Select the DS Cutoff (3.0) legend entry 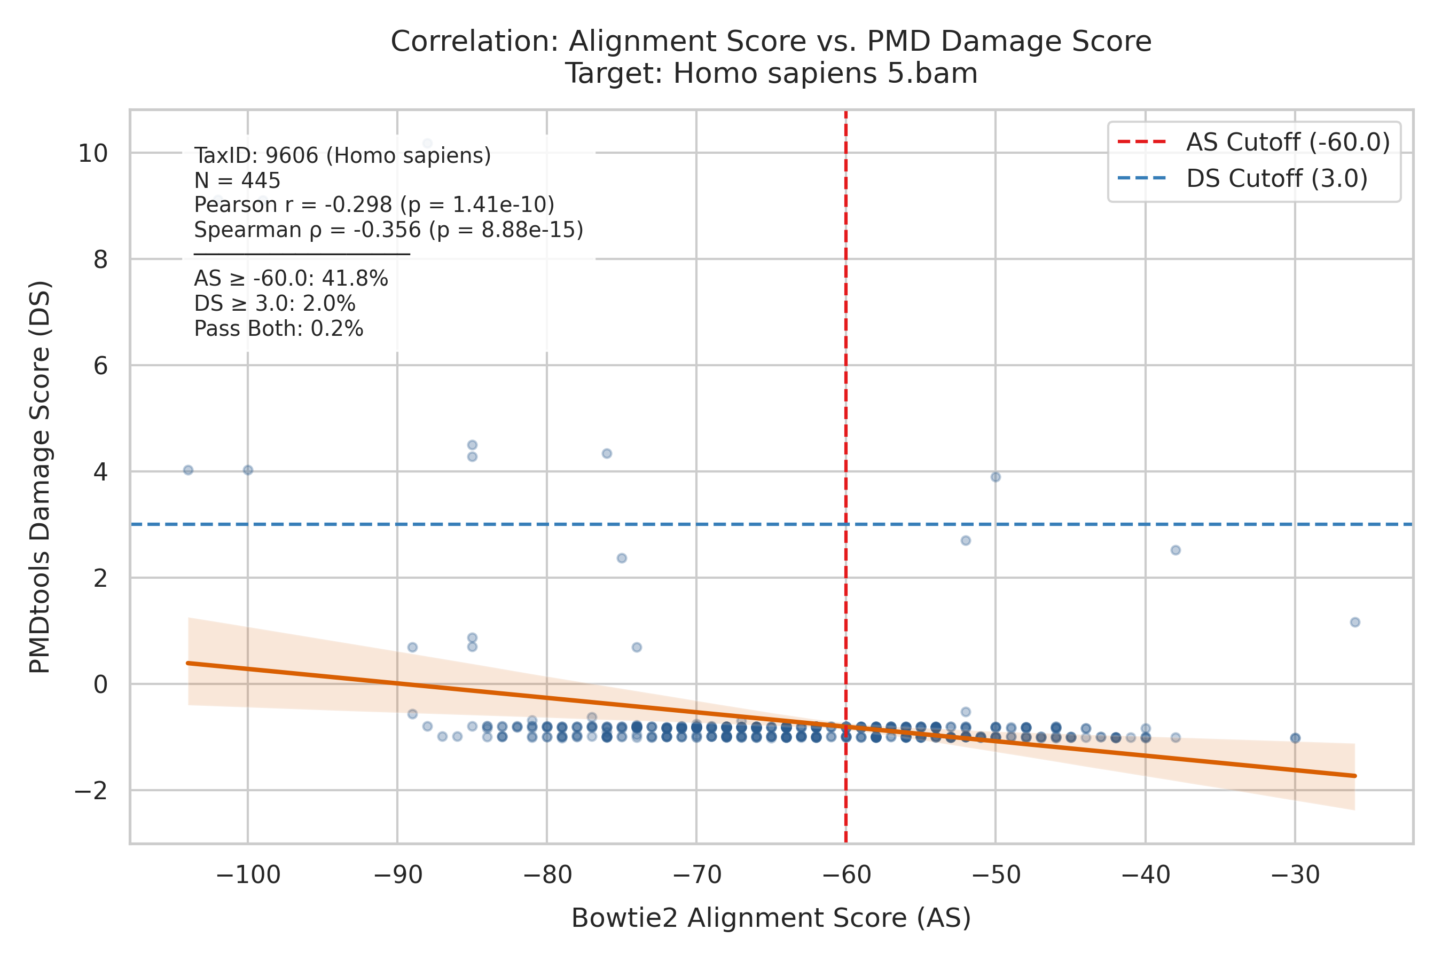pos(1242,178)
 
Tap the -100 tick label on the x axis pos(248,875)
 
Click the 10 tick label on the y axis pos(92,153)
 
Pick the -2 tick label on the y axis pos(91,791)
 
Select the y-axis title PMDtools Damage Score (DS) pos(41,477)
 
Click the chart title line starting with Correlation pos(771,41)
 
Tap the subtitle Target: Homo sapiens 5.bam pos(771,74)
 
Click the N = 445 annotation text pos(237,180)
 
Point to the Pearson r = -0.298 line pos(374,204)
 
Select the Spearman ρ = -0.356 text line pos(389,230)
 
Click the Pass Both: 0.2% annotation pos(279,329)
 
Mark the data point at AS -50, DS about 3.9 pos(996,477)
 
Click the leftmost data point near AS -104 pos(188,470)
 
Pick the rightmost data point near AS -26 pos(1355,622)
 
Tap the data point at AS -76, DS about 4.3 pos(607,453)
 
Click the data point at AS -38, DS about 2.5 pos(1176,550)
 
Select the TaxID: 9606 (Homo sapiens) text pos(343,156)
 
